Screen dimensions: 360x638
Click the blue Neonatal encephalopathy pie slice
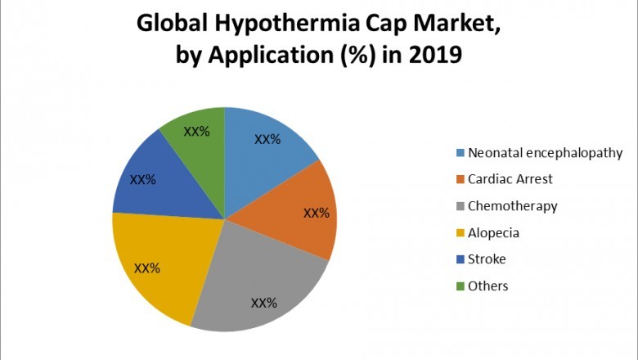pyautogui.click(x=266, y=155)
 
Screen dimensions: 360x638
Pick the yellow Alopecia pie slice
pyautogui.click(x=159, y=262)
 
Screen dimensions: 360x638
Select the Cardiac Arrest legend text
pyautogui.click(x=510, y=179)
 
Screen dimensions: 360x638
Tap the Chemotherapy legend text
pyautogui.click(x=512, y=206)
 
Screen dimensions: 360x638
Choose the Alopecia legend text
pyautogui.click(x=493, y=232)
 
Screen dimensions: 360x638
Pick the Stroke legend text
pyautogui.click(x=487, y=259)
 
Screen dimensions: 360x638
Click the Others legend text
pyautogui.click(x=487, y=286)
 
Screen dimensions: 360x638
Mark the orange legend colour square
pyautogui.click(x=460, y=180)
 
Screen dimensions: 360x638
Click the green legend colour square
pyautogui.click(x=460, y=286)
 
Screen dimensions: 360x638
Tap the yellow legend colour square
pyautogui.click(x=460, y=233)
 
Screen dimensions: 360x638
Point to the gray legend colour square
pyautogui.click(x=460, y=206)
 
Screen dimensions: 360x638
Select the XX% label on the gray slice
pyautogui.click(x=263, y=303)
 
